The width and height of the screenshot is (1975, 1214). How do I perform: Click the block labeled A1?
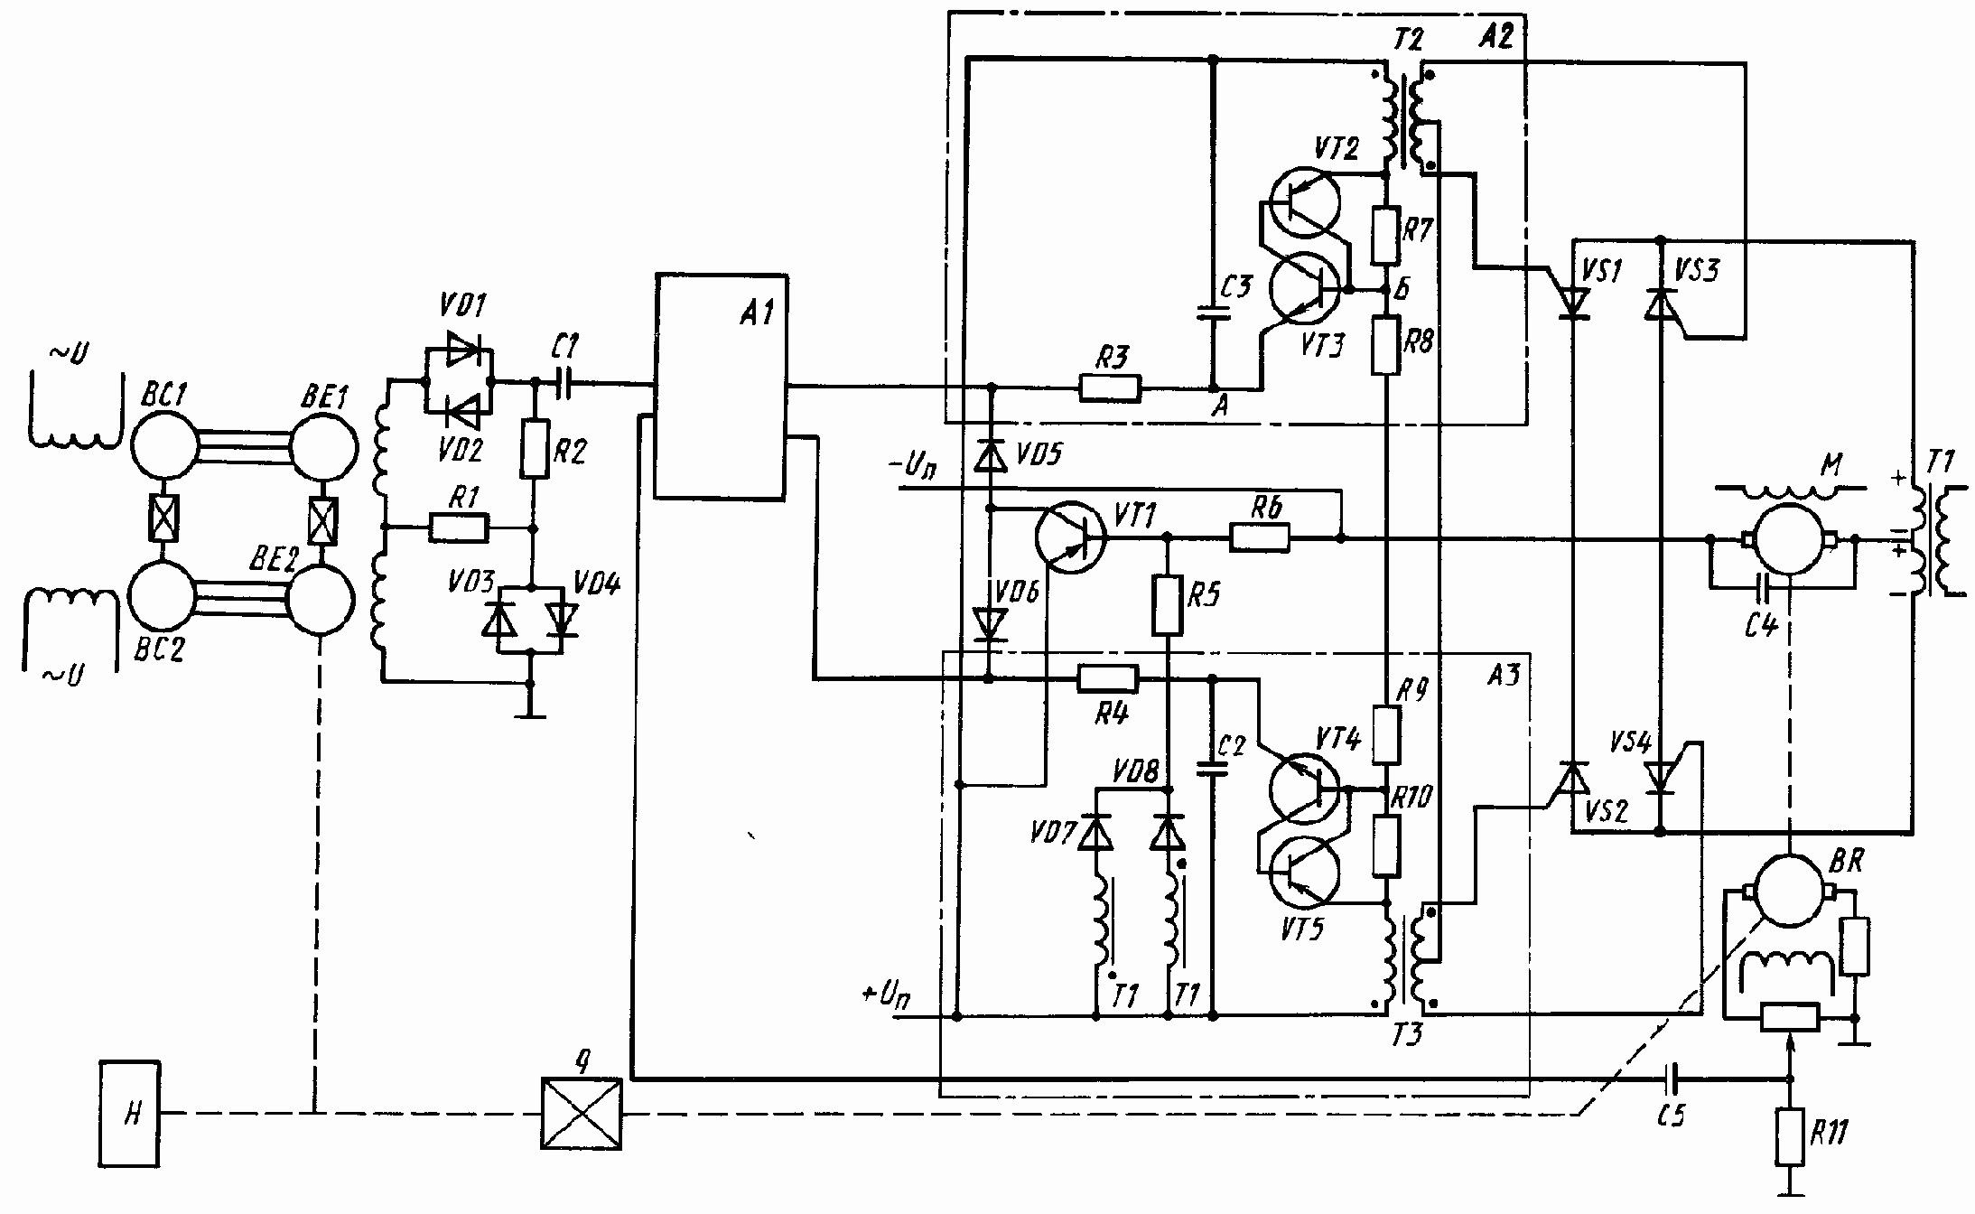pos(720,386)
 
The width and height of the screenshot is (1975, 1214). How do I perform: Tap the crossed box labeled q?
pos(581,1113)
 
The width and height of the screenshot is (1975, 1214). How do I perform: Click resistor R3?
pos(1110,388)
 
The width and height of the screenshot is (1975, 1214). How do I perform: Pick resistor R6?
pos(1260,538)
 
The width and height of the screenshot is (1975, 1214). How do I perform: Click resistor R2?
pos(535,449)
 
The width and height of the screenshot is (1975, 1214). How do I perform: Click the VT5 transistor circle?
pos(1305,873)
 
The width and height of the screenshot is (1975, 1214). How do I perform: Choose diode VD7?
pos(1096,833)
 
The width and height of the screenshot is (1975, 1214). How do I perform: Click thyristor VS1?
pos(1573,303)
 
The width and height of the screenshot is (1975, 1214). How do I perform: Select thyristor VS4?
pos(1660,775)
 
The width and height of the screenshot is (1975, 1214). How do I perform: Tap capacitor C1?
pos(565,384)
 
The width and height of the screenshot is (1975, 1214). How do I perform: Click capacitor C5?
pos(1674,1078)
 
